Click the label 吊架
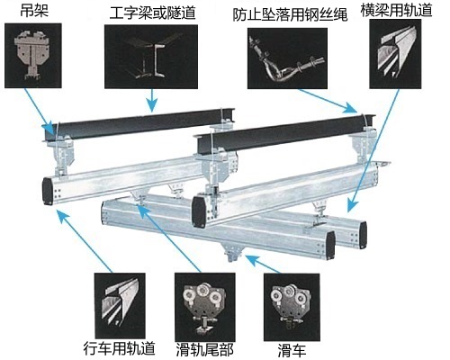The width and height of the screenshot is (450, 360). pyautogui.click(x=34, y=11)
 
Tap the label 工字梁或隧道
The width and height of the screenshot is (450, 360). pyautogui.click(x=153, y=13)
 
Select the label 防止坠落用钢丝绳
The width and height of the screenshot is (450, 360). pyautogui.click(x=290, y=15)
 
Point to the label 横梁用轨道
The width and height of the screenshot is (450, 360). pyautogui.click(x=396, y=9)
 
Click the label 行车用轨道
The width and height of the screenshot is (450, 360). pyautogui.click(x=119, y=348)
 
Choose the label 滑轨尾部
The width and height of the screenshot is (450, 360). pyautogui.click(x=204, y=349)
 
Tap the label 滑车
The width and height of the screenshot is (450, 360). pyautogui.click(x=292, y=350)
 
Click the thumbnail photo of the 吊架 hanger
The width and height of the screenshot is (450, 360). pyautogui.click(x=33, y=56)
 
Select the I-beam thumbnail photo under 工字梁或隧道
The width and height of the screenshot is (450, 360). pyautogui.click(x=151, y=57)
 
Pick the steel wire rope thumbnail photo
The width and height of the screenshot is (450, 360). pyautogui.click(x=287, y=58)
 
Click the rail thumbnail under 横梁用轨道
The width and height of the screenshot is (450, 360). pyautogui.click(x=395, y=54)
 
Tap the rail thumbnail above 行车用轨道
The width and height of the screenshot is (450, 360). pyautogui.click(x=120, y=306)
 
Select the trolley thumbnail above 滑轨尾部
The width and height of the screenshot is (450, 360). pyautogui.click(x=205, y=307)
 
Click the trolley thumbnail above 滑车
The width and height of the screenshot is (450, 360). pyautogui.click(x=292, y=307)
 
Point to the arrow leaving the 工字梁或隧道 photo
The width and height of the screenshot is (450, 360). pyautogui.click(x=152, y=100)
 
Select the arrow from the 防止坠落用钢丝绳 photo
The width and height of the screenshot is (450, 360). pyautogui.click(x=328, y=101)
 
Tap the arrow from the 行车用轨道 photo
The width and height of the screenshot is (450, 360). pyautogui.click(x=85, y=241)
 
